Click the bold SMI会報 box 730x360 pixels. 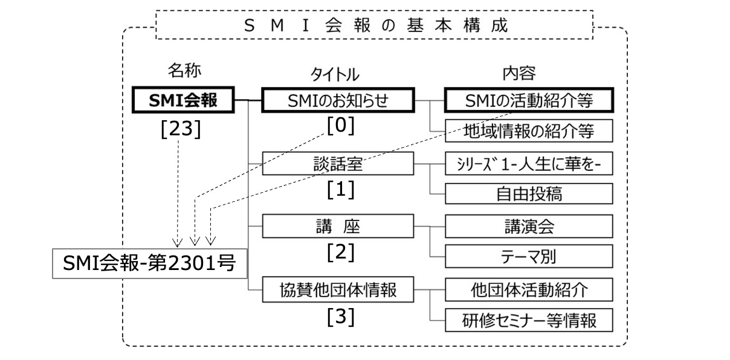(183, 101)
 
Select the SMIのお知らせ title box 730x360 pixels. (338, 101)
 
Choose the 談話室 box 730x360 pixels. (338, 164)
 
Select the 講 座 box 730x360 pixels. (338, 227)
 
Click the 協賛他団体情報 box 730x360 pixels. (338, 290)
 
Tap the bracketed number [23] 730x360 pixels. (179, 130)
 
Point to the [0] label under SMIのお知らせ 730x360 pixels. (340, 126)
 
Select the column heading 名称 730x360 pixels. (183, 71)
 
